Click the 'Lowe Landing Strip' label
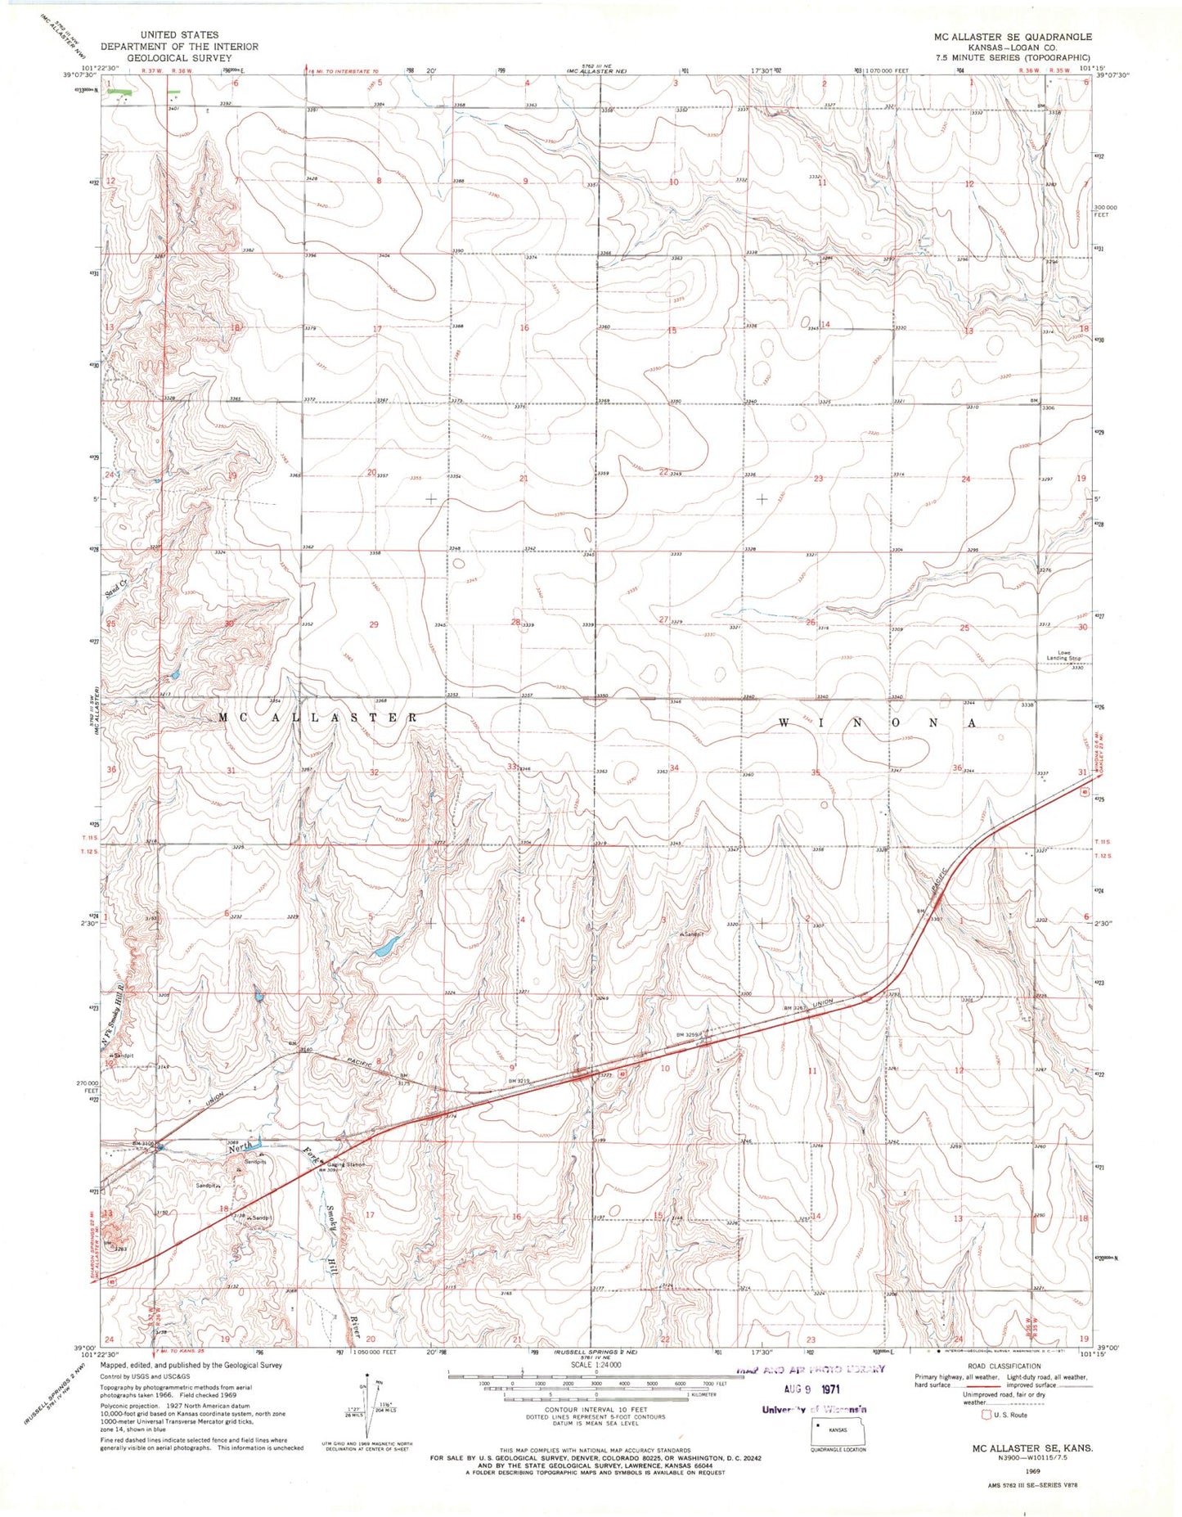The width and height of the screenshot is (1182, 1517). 1063,655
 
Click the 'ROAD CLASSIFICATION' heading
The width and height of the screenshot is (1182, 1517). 1002,1366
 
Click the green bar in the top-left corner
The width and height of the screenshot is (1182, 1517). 119,92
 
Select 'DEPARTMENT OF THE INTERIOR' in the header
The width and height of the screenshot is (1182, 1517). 179,47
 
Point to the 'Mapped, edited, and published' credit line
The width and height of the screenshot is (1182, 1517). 191,1365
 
